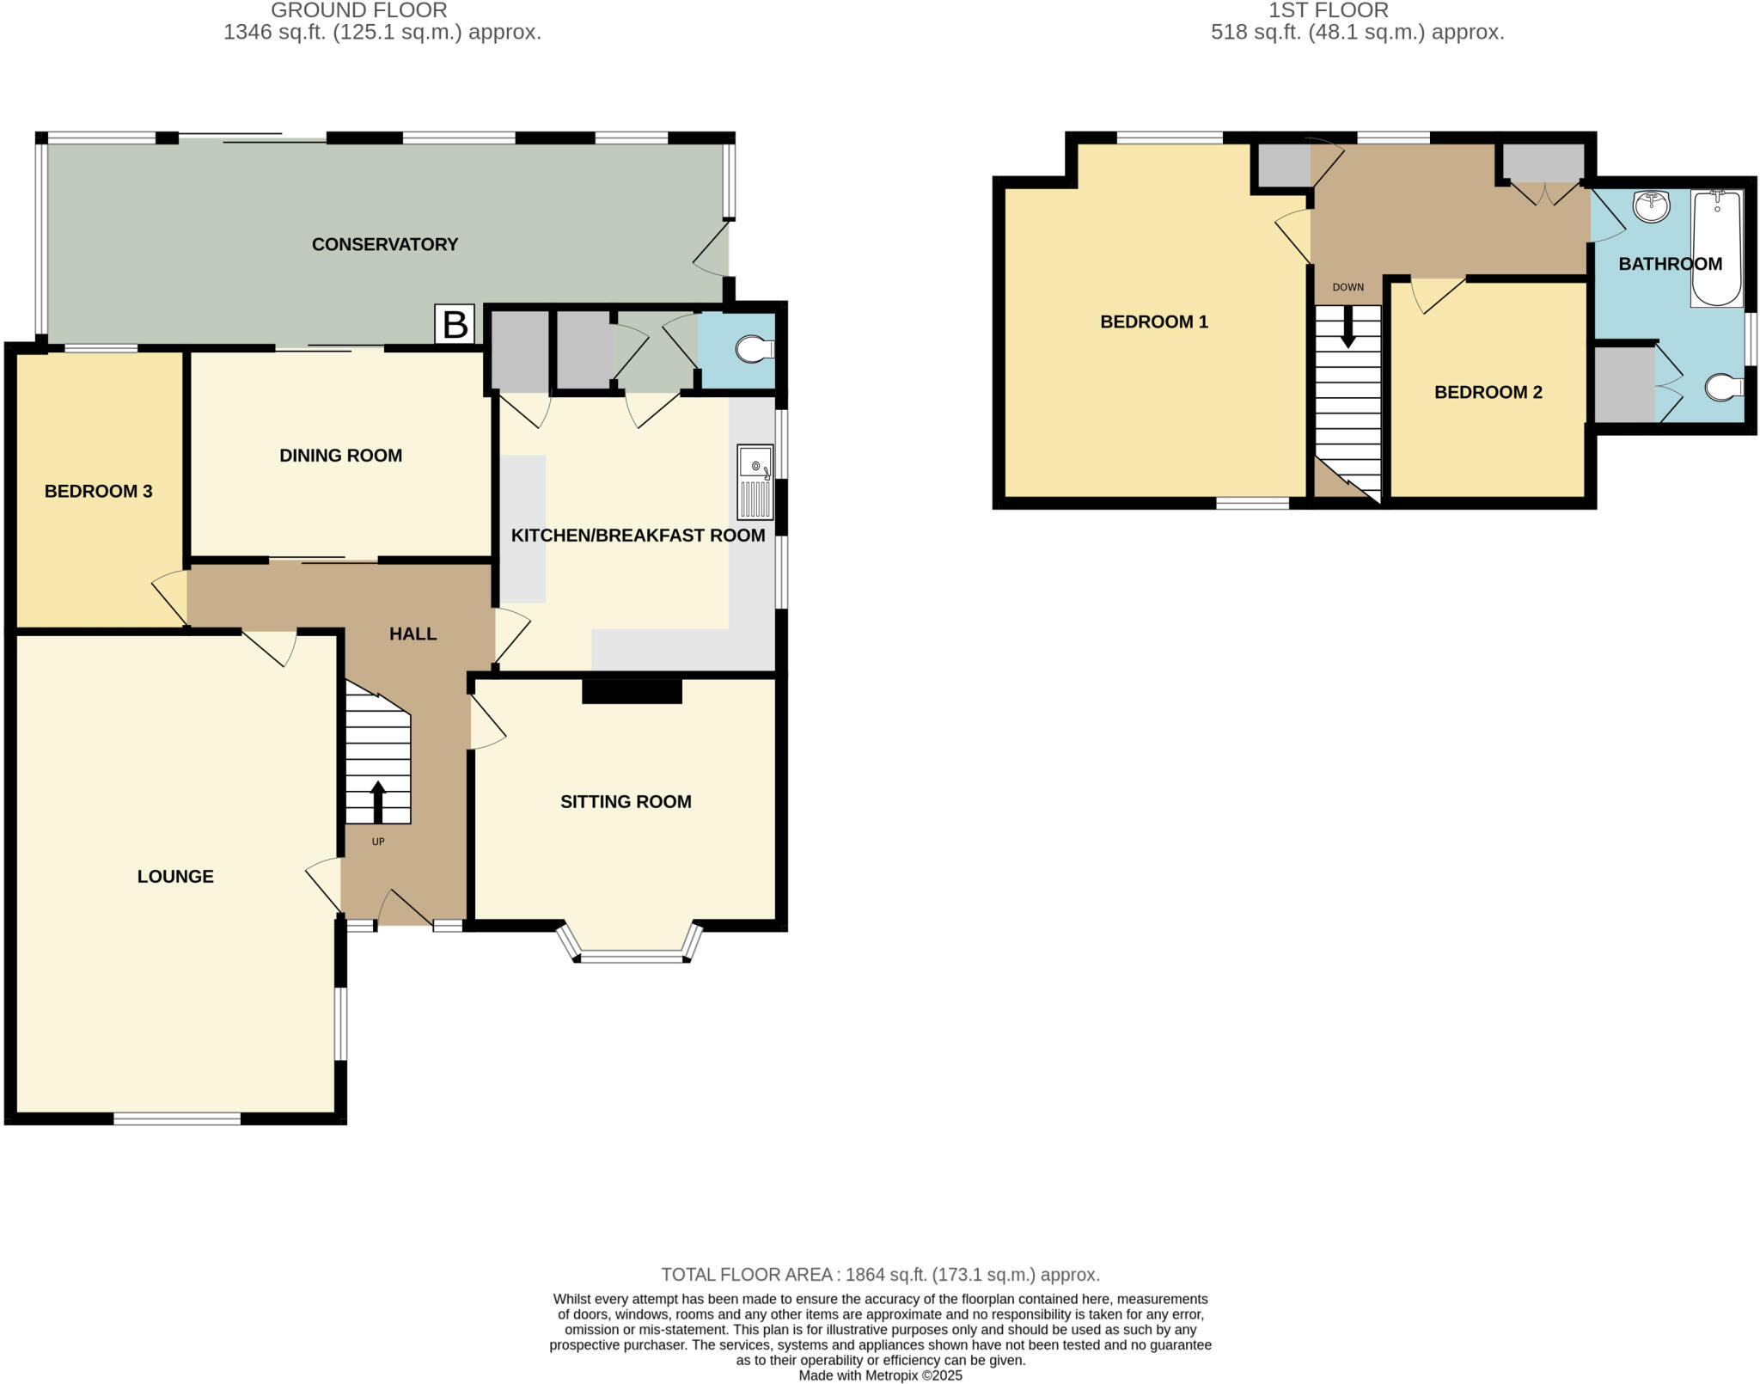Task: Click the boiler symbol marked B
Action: click(455, 325)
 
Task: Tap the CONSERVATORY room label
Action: click(384, 244)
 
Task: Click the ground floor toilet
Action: click(755, 349)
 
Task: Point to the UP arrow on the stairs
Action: click(378, 802)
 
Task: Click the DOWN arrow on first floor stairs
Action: click(1347, 327)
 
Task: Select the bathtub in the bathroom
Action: click(1716, 249)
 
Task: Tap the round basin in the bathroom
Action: click(1651, 206)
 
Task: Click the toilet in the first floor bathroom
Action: click(1721, 389)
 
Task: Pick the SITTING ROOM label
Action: click(626, 802)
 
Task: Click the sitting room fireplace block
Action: click(632, 691)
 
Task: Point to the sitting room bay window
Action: click(632, 954)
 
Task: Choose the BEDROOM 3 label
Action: click(98, 491)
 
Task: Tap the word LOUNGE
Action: click(175, 876)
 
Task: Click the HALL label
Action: click(412, 634)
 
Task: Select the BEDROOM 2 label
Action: click(1488, 392)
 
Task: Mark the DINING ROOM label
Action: click(340, 456)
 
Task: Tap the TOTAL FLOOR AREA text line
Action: click(879, 1275)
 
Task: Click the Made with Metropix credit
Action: click(880, 1375)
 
